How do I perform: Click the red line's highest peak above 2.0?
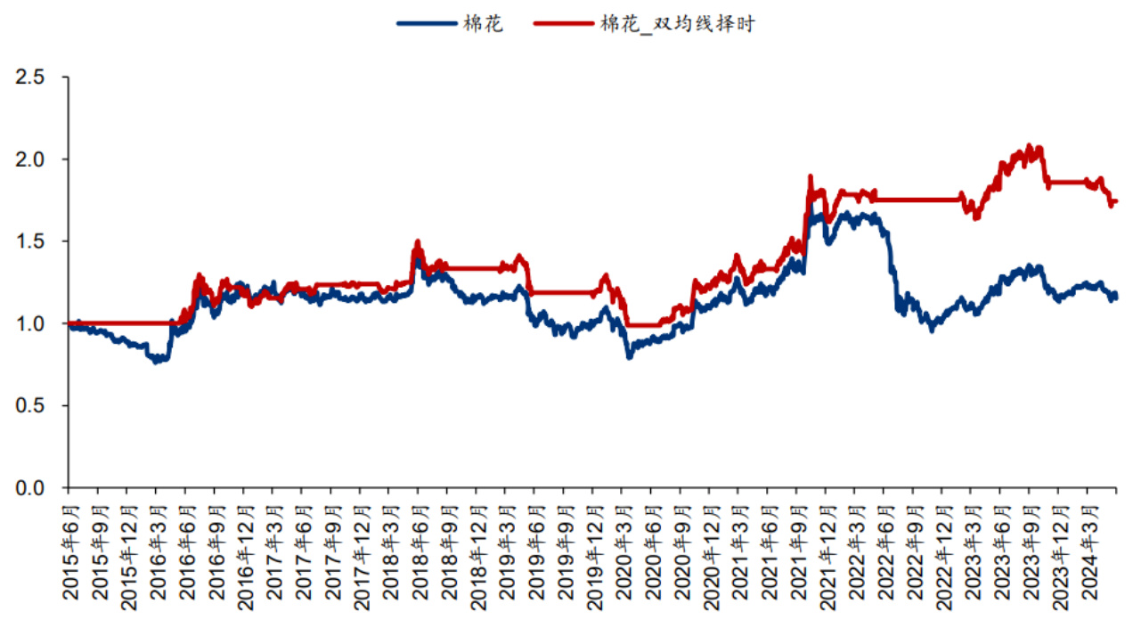pyautogui.click(x=1030, y=145)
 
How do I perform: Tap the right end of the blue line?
pyautogui.click(x=1116, y=295)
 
